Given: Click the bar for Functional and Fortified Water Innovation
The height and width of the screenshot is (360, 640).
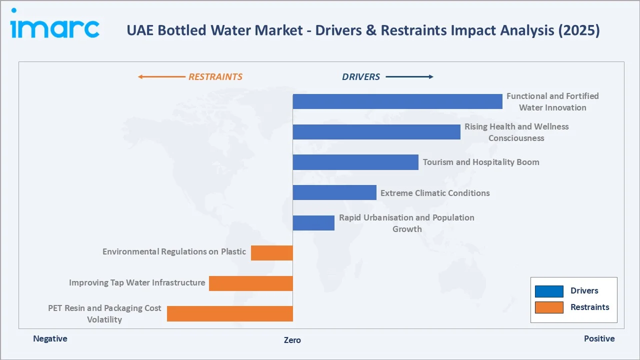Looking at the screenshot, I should tap(397, 101).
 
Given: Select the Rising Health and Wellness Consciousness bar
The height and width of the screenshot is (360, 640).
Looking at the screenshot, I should tap(376, 132).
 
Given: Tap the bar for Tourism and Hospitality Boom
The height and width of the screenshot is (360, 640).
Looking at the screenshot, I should tap(355, 162).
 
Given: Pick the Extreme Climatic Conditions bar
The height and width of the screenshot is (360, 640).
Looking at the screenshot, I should tap(334, 192).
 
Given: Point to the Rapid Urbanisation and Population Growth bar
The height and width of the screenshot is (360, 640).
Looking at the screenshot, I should tap(313, 223).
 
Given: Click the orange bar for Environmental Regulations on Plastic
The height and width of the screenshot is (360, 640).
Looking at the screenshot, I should tap(271, 253).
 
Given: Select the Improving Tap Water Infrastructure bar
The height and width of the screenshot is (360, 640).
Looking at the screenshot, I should tap(250, 283).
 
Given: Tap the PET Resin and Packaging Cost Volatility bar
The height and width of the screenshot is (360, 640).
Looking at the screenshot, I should tap(229, 313).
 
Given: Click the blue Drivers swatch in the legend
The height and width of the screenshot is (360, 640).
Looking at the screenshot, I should tap(548, 291).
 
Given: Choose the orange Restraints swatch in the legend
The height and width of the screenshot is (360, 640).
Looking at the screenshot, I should tap(548, 307).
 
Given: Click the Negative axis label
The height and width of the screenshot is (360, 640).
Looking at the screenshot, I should tap(50, 338).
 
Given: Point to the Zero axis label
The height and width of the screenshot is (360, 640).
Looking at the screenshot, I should tap(292, 340).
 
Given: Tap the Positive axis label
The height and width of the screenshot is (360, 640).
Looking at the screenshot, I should tap(599, 338).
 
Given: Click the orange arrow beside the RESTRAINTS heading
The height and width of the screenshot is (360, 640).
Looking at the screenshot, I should tap(161, 77).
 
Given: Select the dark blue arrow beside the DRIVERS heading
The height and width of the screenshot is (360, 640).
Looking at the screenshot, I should tap(409, 77).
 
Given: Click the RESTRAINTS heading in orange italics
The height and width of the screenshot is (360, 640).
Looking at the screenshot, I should tap(215, 77).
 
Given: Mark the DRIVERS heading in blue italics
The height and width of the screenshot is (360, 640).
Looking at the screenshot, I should tap(361, 77).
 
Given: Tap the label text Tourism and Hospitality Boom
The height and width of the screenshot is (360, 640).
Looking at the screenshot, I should tap(481, 162).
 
